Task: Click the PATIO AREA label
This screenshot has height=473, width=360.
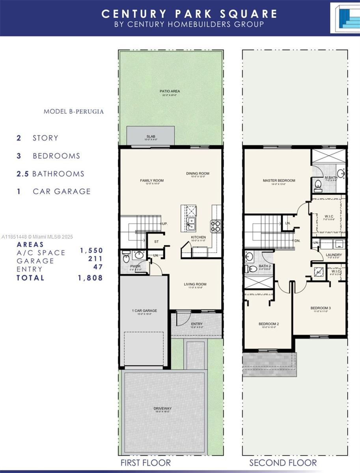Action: tap(170, 91)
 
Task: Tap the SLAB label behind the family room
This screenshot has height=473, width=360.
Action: tap(151, 136)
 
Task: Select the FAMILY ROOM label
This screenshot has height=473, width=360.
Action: tap(151, 181)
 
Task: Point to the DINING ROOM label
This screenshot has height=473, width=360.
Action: tap(198, 173)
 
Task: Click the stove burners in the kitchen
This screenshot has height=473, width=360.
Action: tap(216, 225)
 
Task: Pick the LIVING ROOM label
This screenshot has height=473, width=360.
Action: tap(195, 284)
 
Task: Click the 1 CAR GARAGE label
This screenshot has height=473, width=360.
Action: tap(144, 311)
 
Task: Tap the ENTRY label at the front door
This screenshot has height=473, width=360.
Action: tap(196, 313)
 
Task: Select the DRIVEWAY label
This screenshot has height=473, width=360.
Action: tap(162, 408)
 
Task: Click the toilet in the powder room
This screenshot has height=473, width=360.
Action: tap(126, 259)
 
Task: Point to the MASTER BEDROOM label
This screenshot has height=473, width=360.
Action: tap(279, 181)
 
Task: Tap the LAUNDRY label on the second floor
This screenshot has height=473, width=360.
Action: tap(334, 255)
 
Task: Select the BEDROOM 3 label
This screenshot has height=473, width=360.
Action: tap(321, 308)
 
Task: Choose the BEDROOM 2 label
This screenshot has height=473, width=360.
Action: tap(269, 324)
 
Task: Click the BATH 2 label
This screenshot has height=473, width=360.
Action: tap(265, 266)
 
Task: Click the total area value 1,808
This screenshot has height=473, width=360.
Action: tap(91, 278)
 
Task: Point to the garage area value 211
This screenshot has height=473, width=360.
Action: tap(96, 259)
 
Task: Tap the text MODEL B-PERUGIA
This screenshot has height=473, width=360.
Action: tap(74, 112)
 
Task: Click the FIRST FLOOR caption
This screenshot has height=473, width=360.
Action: tap(145, 462)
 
